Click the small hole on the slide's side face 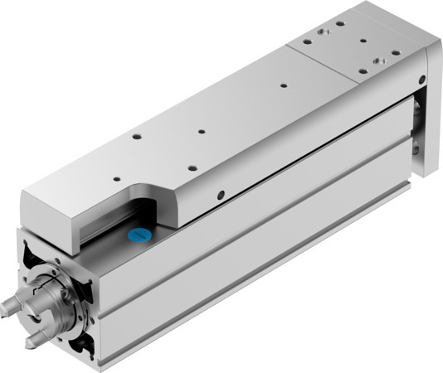point(219,195)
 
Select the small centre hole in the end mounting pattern point(363,40)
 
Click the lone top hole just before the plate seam point(284,85)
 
